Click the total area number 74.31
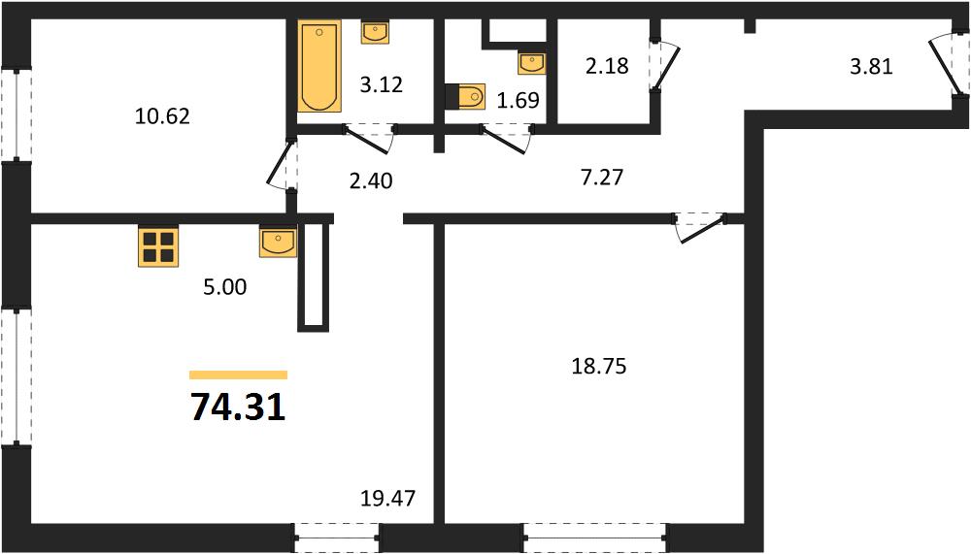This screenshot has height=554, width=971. coord(238,407)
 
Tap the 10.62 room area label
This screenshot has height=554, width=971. coord(162,115)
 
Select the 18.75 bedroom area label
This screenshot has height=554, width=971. coord(599,366)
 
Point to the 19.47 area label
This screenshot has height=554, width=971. coord(388,498)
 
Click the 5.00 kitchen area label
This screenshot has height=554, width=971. coord(225,286)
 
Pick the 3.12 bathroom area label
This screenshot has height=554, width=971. coord(382,84)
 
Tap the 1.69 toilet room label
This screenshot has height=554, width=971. coord(519,100)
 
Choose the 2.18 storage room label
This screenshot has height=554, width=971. coord(608,66)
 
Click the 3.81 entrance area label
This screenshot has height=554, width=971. coord(871,66)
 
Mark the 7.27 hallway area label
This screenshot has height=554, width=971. coord(602,178)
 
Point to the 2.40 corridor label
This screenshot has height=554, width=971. coord(371,180)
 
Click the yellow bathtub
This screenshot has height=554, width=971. coord(319,66)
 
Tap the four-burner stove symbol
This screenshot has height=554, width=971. coord(158,247)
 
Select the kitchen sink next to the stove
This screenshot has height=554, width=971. coord(278,242)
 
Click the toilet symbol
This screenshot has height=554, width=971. coord(465,96)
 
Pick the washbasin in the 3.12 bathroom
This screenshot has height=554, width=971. coord(375,32)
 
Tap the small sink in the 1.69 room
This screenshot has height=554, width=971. coord(532,63)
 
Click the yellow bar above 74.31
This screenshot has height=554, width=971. coord(239,375)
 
